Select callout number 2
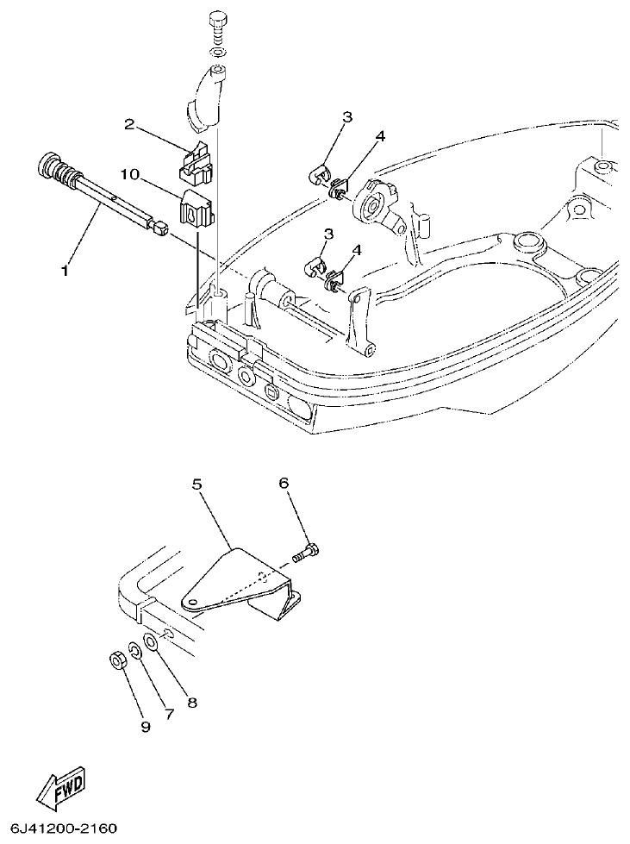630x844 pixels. [129, 125]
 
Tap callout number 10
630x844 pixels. [129, 174]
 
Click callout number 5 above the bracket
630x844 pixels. [196, 485]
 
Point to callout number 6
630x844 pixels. [283, 485]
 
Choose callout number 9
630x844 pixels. [145, 727]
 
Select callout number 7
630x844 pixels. [170, 715]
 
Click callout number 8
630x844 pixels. [192, 703]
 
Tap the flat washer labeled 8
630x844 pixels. [151, 643]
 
